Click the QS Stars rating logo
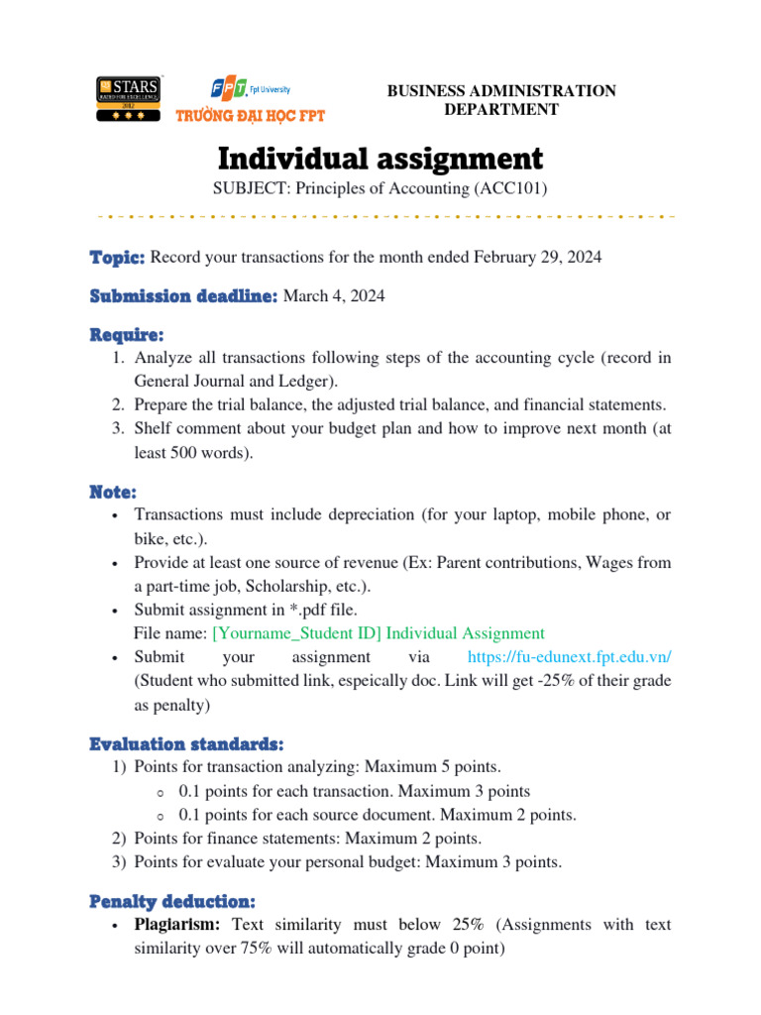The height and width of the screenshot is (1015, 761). [x=129, y=99]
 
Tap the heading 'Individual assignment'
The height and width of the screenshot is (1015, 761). [x=380, y=159]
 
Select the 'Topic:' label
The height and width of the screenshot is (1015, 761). [x=117, y=257]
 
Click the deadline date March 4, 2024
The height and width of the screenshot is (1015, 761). [x=334, y=295]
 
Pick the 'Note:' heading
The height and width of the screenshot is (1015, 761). [x=113, y=492]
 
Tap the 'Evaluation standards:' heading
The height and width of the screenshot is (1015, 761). [x=186, y=743]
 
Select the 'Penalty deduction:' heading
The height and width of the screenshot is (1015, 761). [x=172, y=902]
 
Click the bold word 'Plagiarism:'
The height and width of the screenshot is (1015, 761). [x=179, y=925]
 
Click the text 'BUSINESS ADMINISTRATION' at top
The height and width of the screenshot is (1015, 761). [x=501, y=91]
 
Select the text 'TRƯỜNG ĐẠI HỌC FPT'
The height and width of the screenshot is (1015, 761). [x=250, y=115]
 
